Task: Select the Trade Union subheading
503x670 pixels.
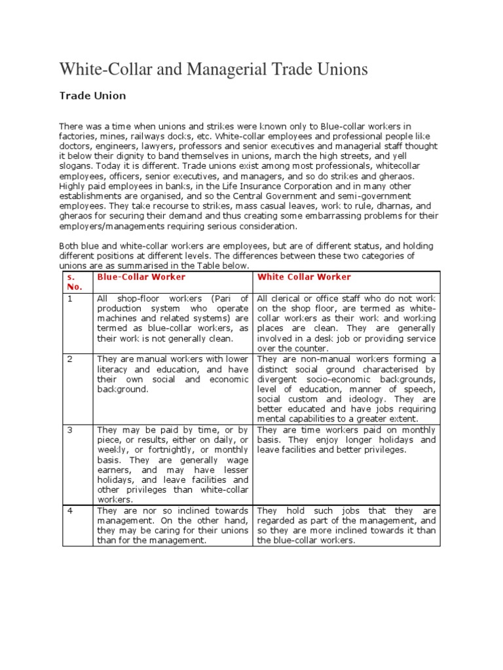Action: click(x=92, y=96)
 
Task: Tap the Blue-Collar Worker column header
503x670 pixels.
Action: click(x=132, y=277)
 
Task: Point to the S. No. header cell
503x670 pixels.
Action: click(x=75, y=281)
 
